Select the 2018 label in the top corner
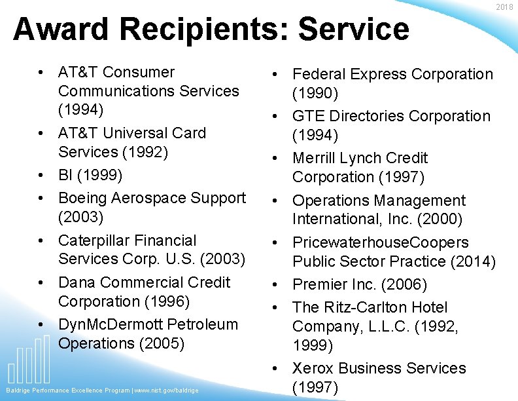coord(505,7)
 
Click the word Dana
coord(77,282)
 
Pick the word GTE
coord(308,116)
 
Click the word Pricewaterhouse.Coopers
coord(381,242)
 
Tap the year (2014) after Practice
coord(473,261)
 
